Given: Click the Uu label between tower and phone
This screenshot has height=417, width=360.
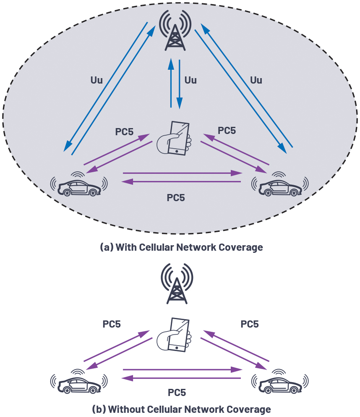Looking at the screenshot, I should tap(190, 80).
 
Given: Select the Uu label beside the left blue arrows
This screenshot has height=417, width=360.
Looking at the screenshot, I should tap(97, 80).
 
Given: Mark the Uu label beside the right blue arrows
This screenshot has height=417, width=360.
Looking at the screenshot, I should tap(256, 80).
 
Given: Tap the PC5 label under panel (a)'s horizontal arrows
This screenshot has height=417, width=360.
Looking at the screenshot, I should tap(176, 198).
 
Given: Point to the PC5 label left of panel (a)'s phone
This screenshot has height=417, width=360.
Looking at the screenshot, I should tap(124, 132).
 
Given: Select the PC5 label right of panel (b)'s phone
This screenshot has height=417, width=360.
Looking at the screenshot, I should tap(249, 324).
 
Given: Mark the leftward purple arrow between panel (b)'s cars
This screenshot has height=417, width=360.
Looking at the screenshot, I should tap(181, 378).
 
